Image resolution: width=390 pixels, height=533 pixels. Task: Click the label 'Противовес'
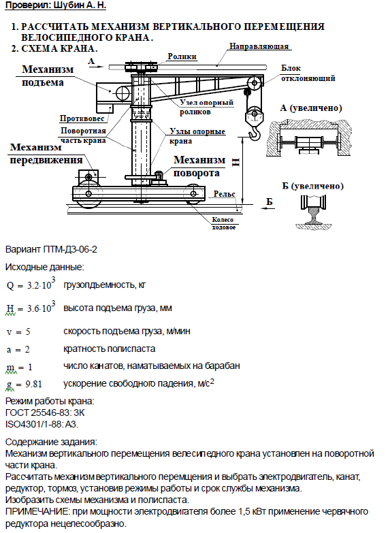pyautogui.click(x=82, y=118)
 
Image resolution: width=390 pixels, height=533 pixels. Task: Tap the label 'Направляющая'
pyautogui.click(x=259, y=46)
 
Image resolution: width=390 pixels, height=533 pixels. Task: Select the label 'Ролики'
pyautogui.click(x=182, y=56)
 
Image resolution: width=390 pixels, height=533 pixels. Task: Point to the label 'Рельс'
pyautogui.click(x=225, y=194)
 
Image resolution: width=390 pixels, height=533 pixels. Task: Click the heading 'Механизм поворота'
pyautogui.click(x=199, y=166)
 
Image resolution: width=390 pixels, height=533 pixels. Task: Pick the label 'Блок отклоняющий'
pyautogui.click(x=308, y=73)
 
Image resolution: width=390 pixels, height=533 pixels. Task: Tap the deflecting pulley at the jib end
pyautogui.click(x=255, y=82)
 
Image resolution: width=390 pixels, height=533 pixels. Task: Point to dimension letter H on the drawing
pyautogui.click(x=235, y=163)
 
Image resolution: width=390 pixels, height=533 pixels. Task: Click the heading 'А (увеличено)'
pyautogui.click(x=311, y=108)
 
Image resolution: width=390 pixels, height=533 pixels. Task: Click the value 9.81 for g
pyautogui.click(x=33, y=384)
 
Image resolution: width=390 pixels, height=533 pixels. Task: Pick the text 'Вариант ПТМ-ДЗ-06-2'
pyautogui.click(x=51, y=250)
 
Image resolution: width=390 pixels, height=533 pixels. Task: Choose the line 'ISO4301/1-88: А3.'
pyautogui.click(x=42, y=424)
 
